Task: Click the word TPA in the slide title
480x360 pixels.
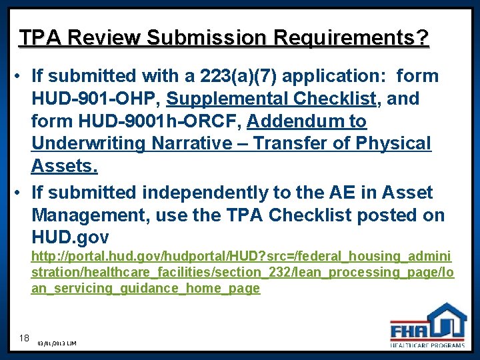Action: pyautogui.click(x=38, y=37)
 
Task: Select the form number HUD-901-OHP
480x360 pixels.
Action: pyautogui.click(x=94, y=99)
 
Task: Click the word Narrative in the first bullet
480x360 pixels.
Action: pyautogui.click(x=200, y=143)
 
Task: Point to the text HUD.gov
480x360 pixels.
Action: pyautogui.click(x=71, y=237)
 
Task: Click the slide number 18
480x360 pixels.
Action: pyautogui.click(x=25, y=338)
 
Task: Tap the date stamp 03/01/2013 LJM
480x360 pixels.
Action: pyautogui.click(x=57, y=343)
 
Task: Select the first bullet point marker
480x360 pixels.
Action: pyautogui.click(x=21, y=76)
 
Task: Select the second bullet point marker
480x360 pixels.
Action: pyautogui.click(x=21, y=193)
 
